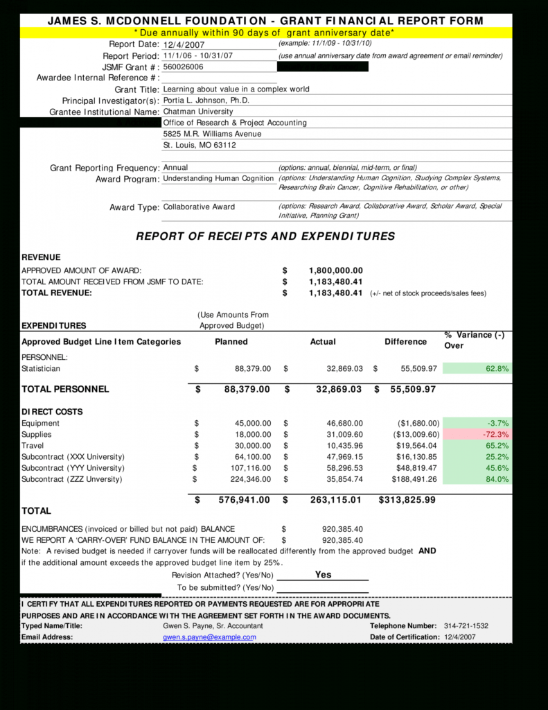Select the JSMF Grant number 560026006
coord(184,67)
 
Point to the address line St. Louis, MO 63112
coord(200,146)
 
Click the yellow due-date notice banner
coord(265,33)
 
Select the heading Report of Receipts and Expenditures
coord(265,236)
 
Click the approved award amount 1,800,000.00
coord(335,270)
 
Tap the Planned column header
coord(231,342)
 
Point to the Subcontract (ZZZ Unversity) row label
coord(71,479)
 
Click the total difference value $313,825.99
coord(407,500)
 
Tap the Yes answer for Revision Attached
coord(323,575)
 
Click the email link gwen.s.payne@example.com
coord(209,637)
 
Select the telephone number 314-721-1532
coord(466,626)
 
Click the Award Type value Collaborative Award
coord(199,207)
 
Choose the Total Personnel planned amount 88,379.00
coord(247,390)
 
